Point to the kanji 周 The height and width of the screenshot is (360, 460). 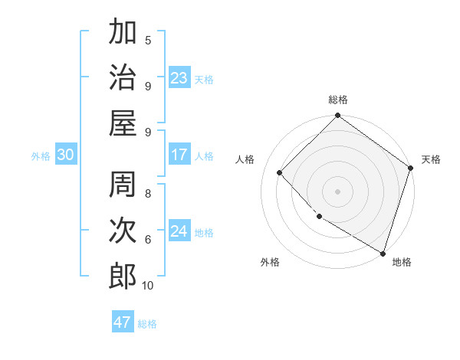pos(123,185)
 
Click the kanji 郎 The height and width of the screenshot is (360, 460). pos(123,275)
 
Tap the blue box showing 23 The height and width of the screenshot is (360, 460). pos(179,77)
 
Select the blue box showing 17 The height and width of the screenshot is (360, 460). pos(179,155)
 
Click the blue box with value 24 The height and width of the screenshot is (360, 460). pos(179,231)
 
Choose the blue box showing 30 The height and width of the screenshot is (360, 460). pos(65,155)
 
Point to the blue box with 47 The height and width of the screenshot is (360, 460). pos(123,322)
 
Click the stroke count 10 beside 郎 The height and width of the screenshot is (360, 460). pos(148,286)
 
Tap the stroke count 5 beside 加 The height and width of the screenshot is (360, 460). pos(148,41)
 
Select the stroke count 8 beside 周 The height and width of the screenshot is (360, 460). pos(148,193)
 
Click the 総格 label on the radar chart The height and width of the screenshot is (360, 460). pos(338,100)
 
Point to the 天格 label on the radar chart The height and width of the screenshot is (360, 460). pos(431,159)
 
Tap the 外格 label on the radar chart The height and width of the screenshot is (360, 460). pos(270,263)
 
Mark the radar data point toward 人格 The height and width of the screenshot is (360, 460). pos(280,172)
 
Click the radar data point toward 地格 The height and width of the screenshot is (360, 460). pos(383,252)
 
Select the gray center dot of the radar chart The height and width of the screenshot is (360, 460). pos(337,191)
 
